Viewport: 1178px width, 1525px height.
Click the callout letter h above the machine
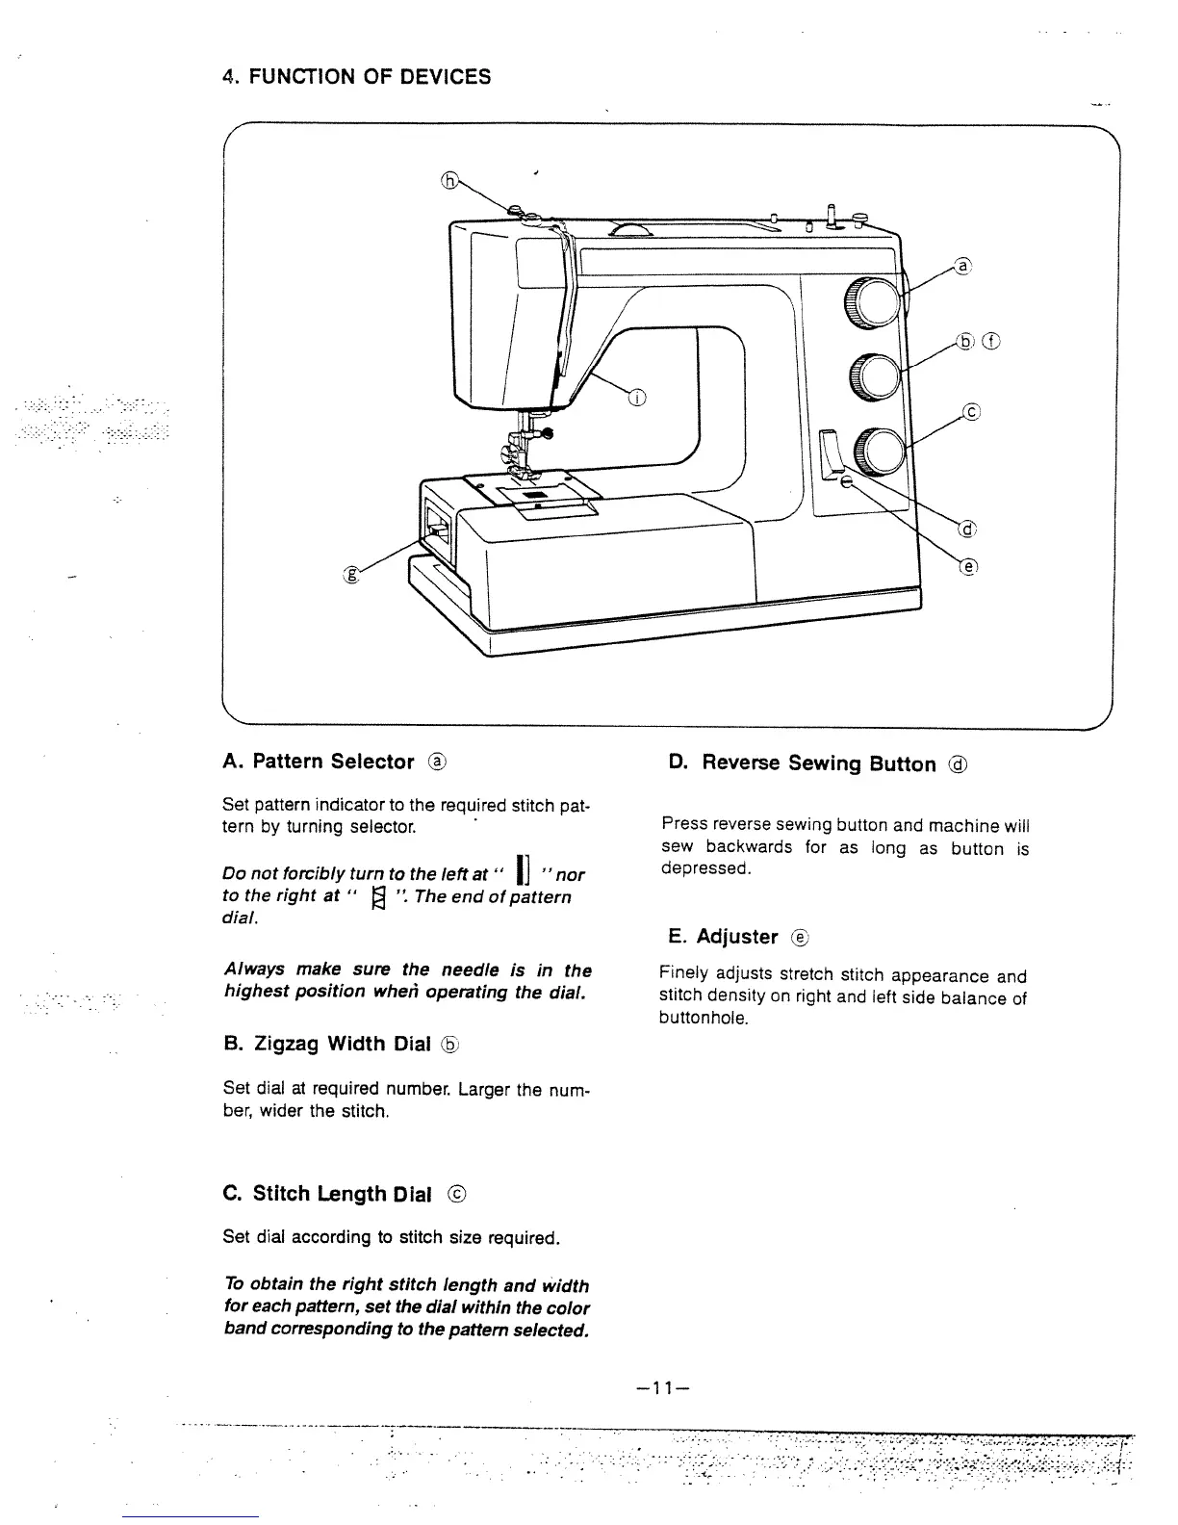pyautogui.click(x=448, y=179)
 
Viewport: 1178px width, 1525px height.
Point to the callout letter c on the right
pyautogui.click(x=971, y=413)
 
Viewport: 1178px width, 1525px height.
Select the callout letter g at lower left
pyautogui.click(x=351, y=576)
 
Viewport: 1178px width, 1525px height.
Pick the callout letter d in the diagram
pyautogui.click(x=967, y=529)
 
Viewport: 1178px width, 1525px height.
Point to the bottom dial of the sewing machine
pyautogui.click(x=881, y=451)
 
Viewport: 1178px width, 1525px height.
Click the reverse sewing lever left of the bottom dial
pyautogui.click(x=831, y=455)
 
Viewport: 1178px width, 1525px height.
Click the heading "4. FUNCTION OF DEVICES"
pyautogui.click(x=355, y=77)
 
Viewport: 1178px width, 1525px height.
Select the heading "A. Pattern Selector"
pyautogui.click(x=333, y=762)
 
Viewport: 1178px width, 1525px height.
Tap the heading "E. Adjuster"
pyautogui.click(x=736, y=936)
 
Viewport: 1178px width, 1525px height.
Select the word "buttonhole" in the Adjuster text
pyautogui.click(x=703, y=1019)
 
